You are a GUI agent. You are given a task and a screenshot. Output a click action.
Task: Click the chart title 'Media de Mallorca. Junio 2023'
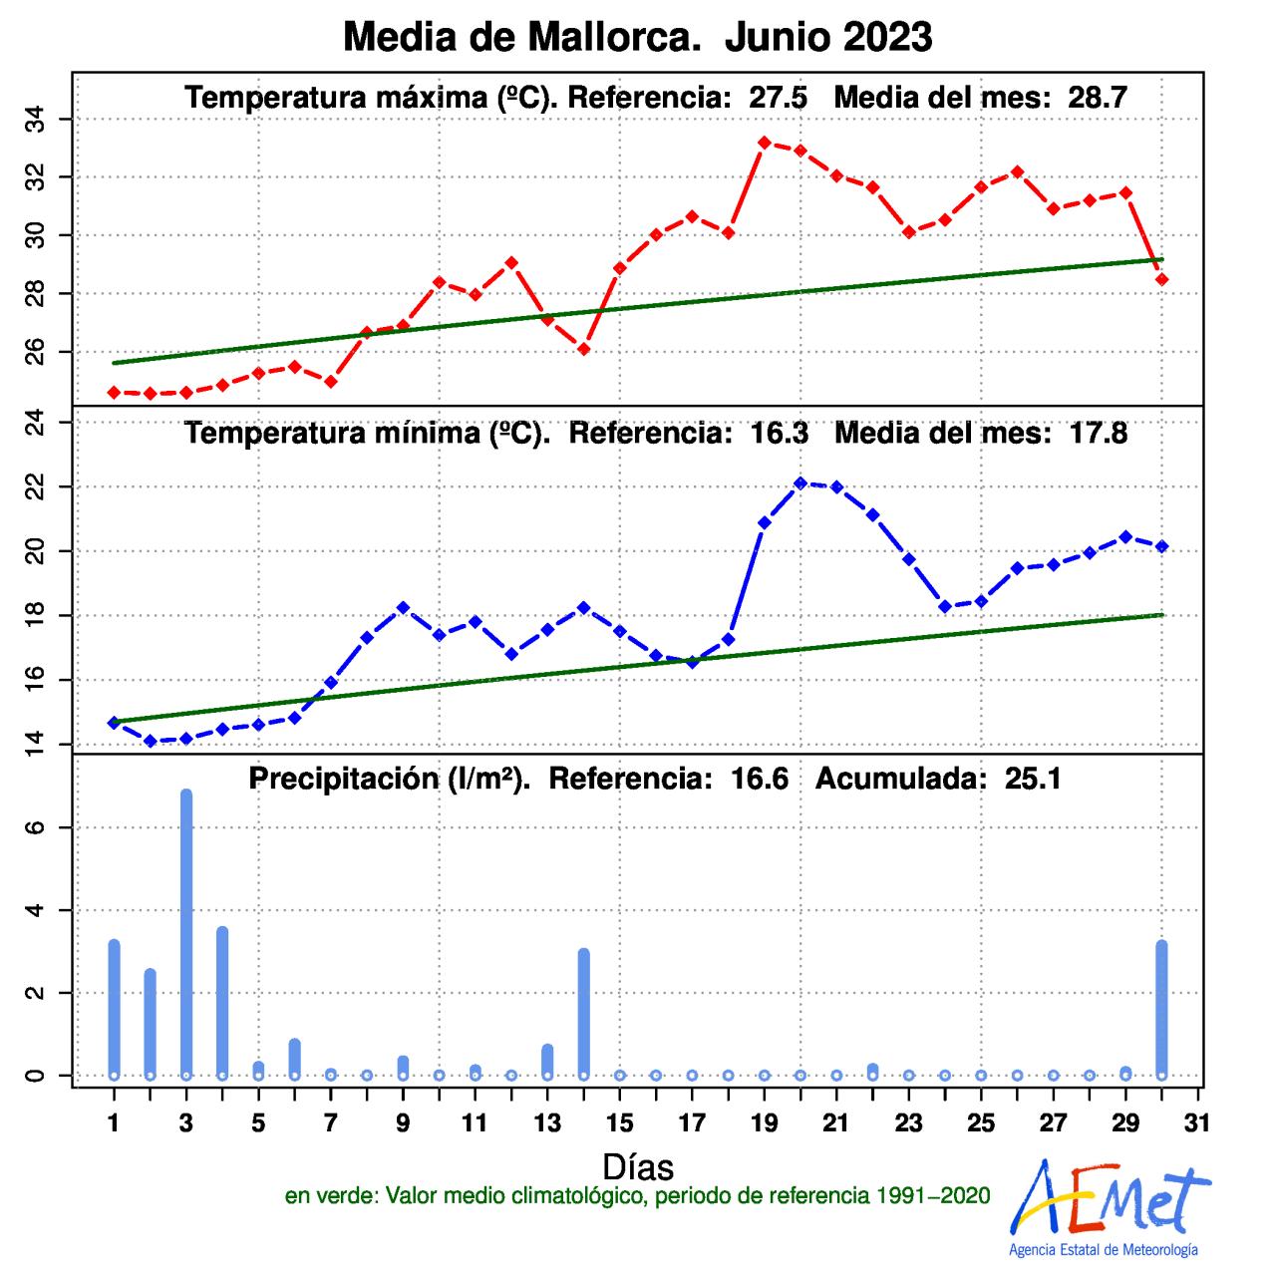638,37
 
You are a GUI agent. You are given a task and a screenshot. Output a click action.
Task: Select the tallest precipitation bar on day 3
185,932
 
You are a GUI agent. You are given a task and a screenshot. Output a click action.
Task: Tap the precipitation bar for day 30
1161,1007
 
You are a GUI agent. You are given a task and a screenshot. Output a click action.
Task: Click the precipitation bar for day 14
584,1012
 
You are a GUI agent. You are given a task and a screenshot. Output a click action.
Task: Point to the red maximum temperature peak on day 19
765,143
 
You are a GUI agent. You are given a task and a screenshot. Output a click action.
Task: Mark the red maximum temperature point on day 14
584,349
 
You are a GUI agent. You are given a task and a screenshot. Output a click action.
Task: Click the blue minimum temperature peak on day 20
800,482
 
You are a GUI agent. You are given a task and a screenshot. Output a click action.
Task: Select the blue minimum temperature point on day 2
150,741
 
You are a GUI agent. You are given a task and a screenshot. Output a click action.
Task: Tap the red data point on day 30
1161,279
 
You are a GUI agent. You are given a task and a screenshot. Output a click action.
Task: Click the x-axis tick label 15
619,1122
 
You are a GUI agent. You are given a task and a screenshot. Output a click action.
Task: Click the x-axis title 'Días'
638,1166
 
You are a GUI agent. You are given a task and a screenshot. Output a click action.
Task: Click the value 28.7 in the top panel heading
1097,98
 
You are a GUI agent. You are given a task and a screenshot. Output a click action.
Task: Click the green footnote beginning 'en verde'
638,1196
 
